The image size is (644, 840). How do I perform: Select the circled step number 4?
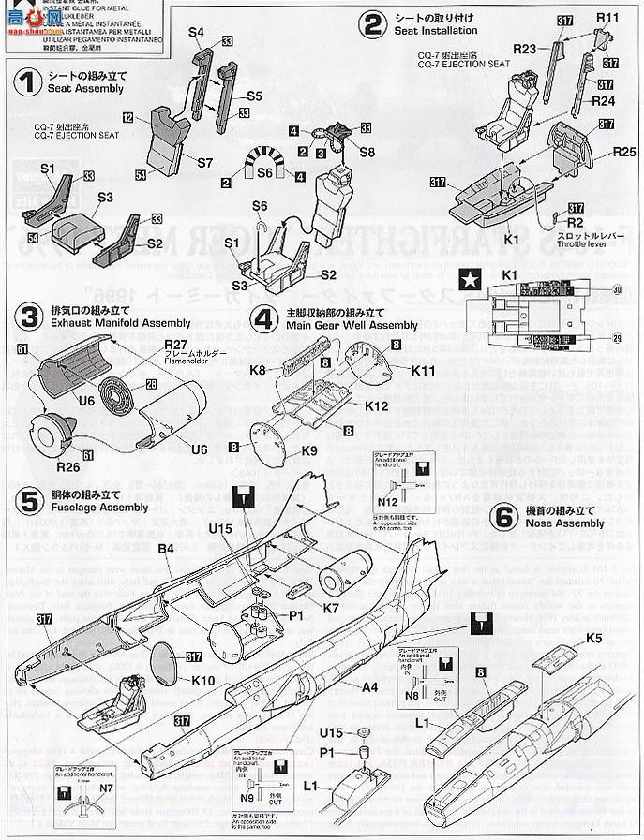pos(265,318)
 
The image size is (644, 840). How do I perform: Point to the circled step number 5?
pos(30,499)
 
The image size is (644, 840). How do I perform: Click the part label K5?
pos(619,640)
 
